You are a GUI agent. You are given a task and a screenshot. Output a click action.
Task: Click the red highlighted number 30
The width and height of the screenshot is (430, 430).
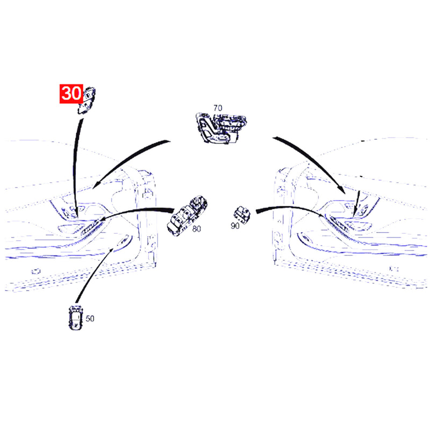tap(71, 94)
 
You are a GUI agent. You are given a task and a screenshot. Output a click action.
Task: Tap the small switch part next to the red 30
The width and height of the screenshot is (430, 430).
tap(87, 101)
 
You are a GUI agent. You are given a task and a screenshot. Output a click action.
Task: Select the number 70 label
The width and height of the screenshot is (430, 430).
tap(218, 108)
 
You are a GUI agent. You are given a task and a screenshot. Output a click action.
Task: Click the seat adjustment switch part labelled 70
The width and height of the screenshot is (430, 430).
tap(221, 128)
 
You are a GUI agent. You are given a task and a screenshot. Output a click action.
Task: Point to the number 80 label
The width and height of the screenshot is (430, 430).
tap(196, 229)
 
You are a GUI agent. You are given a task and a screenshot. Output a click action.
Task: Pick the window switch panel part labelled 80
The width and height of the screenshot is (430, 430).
tap(187, 216)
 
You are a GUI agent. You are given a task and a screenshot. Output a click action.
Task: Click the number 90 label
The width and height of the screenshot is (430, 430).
tap(235, 226)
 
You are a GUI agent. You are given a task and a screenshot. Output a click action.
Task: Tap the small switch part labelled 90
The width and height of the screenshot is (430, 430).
tap(242, 214)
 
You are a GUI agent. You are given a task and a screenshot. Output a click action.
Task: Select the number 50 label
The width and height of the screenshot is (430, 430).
tap(90, 318)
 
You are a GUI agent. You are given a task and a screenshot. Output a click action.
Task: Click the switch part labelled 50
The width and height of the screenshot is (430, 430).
tap(75, 317)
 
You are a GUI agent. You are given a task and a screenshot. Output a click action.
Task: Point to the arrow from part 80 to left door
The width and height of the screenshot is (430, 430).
tap(137, 212)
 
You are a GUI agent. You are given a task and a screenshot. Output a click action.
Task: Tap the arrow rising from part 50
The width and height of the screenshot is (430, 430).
tap(93, 274)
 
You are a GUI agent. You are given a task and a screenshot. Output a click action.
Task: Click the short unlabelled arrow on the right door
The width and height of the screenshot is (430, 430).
tap(356, 203)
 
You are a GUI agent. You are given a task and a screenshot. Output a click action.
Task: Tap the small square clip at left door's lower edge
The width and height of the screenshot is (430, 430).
tap(35, 271)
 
